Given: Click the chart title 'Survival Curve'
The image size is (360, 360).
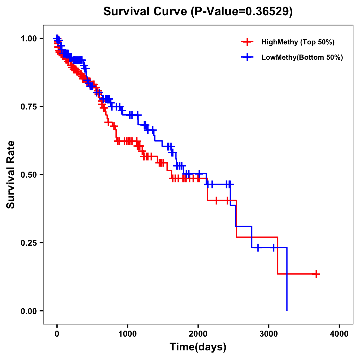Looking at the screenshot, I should [x=145, y=12].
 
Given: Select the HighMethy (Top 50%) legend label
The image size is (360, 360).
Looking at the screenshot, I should [x=298, y=42].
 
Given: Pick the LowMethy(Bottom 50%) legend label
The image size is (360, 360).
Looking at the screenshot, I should [x=302, y=57].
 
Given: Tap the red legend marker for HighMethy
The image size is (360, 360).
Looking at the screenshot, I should [x=247, y=42].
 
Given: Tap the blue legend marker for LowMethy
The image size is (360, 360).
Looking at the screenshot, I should [x=247, y=57].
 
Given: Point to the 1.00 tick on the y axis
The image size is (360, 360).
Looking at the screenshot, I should [x=28, y=38].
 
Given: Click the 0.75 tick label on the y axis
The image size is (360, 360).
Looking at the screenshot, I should [x=28, y=106].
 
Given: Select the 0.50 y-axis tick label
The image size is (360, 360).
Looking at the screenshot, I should [x=28, y=175].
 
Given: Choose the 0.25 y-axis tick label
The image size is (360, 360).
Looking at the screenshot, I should [x=28, y=243].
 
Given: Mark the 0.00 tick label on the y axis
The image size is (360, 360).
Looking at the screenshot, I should [x=28, y=311].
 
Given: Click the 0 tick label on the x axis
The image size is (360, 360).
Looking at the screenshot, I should [x=57, y=334].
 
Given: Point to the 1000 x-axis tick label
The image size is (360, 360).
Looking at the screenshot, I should [x=127, y=334].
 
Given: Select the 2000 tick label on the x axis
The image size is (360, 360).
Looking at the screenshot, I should [x=198, y=334].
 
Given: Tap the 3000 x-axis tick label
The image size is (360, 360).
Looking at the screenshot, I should [x=269, y=334].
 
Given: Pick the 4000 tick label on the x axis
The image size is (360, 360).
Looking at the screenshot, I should [x=339, y=334].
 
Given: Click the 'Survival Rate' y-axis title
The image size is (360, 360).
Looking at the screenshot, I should [x=11, y=174].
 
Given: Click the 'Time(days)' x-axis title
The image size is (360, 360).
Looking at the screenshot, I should [x=198, y=347].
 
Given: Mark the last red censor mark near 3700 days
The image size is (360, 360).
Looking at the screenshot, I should [x=316, y=274].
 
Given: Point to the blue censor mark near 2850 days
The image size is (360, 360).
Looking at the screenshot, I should [x=258, y=247].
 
